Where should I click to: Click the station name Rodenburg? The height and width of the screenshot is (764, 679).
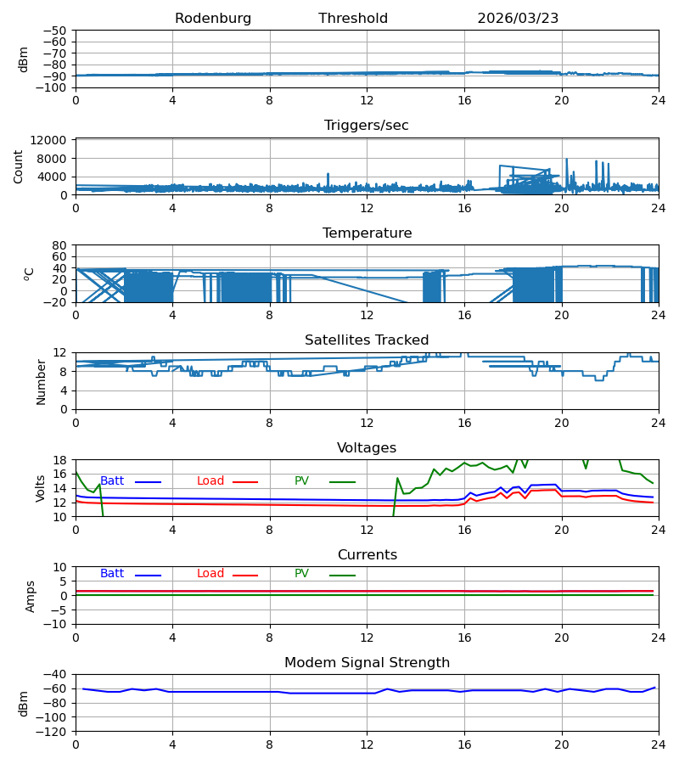(213, 18)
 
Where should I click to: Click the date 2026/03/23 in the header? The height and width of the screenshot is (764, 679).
(518, 18)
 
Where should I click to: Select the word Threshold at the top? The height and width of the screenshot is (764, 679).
(353, 18)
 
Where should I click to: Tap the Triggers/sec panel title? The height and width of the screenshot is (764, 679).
(367, 126)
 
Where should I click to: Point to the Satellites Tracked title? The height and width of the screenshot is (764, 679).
(367, 340)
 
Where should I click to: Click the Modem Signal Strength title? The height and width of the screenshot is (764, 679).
(367, 663)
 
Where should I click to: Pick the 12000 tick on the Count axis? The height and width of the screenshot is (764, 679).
(48, 140)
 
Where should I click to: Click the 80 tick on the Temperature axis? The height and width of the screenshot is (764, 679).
(59, 245)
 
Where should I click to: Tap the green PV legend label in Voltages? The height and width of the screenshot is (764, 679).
(301, 481)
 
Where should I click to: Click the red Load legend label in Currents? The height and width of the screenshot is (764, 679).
(210, 574)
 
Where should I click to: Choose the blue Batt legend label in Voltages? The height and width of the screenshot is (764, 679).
(112, 481)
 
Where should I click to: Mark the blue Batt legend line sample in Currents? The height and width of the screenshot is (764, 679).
(148, 576)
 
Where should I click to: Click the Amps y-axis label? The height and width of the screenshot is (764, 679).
(31, 597)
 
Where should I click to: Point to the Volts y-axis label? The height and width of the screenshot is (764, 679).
(40, 489)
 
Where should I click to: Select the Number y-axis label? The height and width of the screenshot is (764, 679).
(41, 383)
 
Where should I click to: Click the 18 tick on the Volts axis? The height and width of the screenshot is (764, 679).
(59, 460)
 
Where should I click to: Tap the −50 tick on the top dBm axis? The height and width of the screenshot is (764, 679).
(55, 31)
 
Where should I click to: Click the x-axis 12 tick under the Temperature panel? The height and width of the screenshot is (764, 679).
(367, 315)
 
